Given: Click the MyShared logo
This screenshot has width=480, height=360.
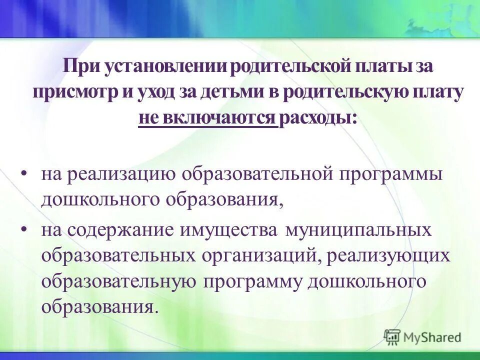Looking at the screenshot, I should coord(423,337).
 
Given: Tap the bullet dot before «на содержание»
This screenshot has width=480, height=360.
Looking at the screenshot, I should coord(24,228).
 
